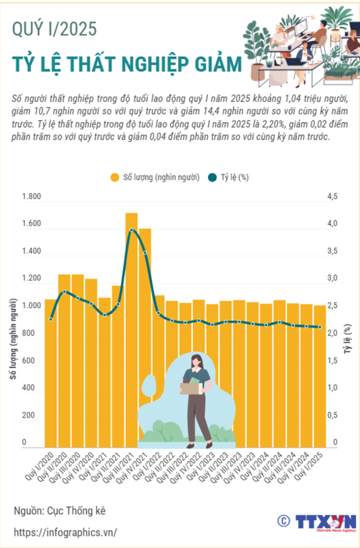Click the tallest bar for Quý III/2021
tap(132, 329)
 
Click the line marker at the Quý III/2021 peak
tap(132, 230)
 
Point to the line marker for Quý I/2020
tap(51, 319)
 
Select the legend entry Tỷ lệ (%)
tap(228, 178)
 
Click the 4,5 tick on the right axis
tap(332, 197)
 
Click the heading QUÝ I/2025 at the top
tap(54, 30)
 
